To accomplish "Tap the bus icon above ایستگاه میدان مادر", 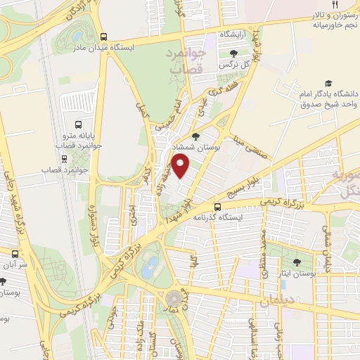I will (x=104, y=37).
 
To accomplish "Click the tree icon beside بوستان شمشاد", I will (x=196, y=136).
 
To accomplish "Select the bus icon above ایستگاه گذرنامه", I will (x=218, y=207).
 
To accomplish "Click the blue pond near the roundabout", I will (x=149, y=266).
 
